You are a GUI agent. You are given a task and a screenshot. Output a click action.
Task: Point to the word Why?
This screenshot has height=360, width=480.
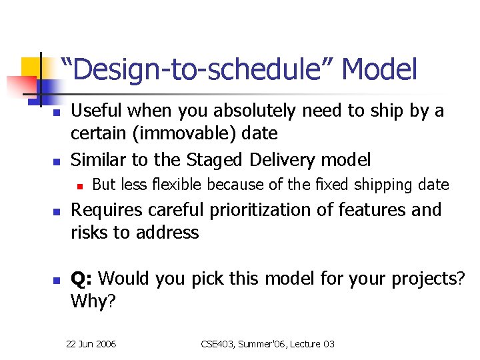(93, 301)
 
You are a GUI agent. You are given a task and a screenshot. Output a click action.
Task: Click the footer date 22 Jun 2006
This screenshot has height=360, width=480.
(91, 344)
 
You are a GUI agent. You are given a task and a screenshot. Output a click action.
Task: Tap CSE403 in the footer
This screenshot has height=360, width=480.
(221, 344)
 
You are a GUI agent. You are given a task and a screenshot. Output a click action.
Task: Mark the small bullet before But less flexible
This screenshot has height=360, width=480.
(79, 185)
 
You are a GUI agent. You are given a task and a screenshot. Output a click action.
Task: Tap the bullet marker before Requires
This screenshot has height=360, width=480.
(57, 211)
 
